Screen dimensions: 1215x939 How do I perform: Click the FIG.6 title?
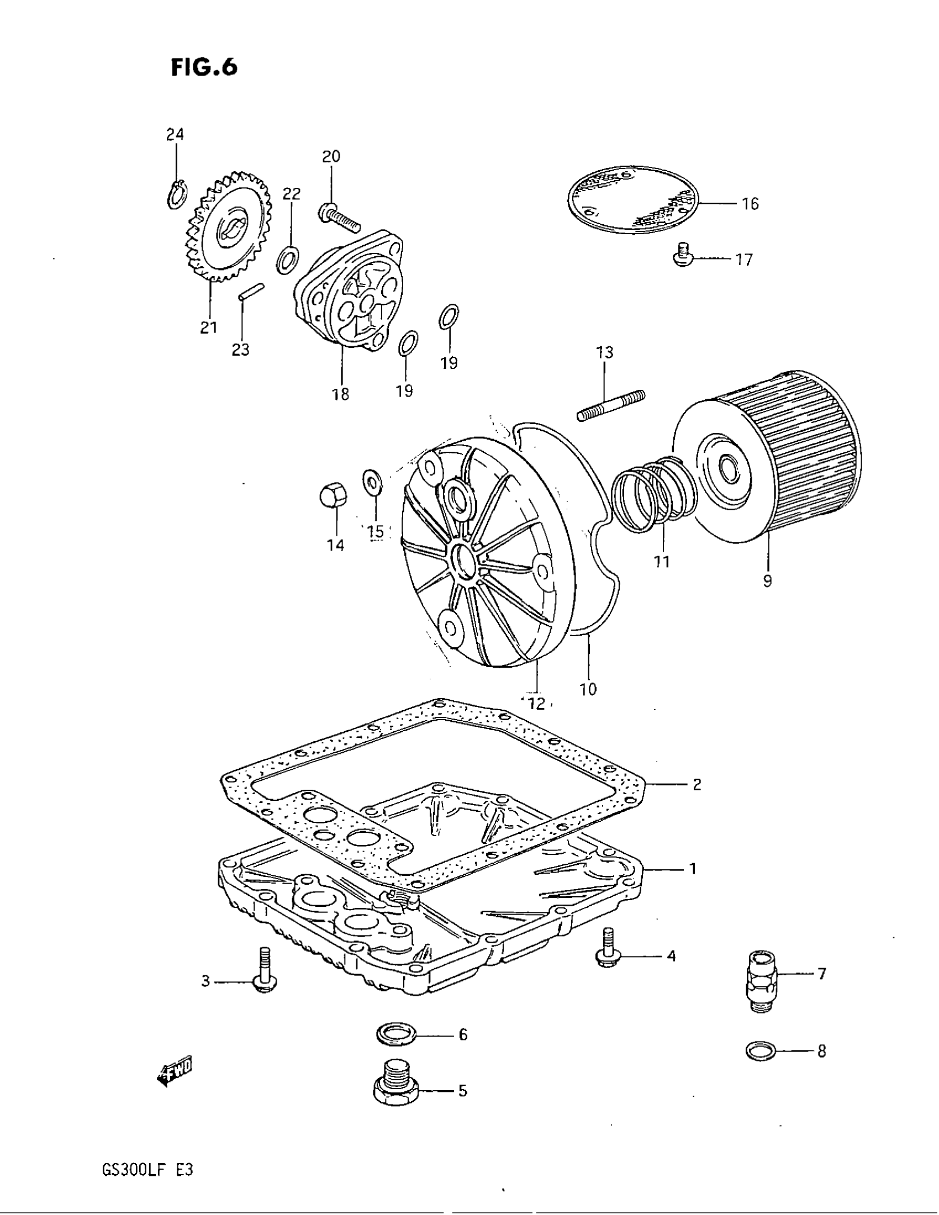[204, 67]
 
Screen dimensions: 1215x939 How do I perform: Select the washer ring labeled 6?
[396, 1034]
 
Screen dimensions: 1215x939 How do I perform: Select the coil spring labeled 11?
[653, 492]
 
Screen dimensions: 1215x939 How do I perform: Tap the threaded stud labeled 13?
[611, 405]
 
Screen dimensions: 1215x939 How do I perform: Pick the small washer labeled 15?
[371, 480]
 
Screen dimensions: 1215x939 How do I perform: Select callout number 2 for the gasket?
[697, 785]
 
